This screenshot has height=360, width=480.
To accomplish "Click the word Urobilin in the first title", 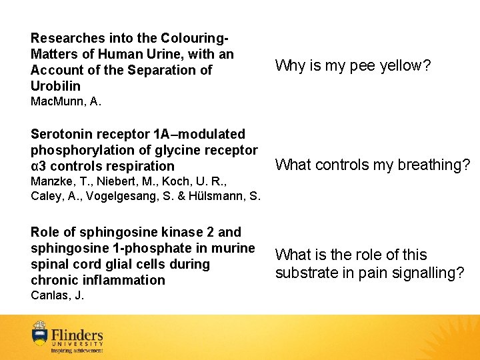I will coord(55,86).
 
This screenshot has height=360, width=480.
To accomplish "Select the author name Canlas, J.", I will coord(57,295).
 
